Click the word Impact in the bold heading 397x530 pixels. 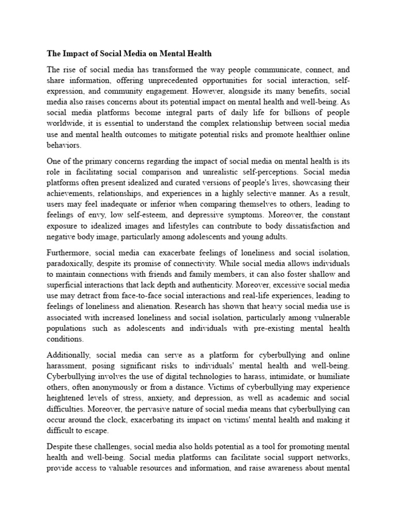pyautogui.click(x=77, y=53)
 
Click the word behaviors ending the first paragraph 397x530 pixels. pyautogui.click(x=64, y=146)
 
